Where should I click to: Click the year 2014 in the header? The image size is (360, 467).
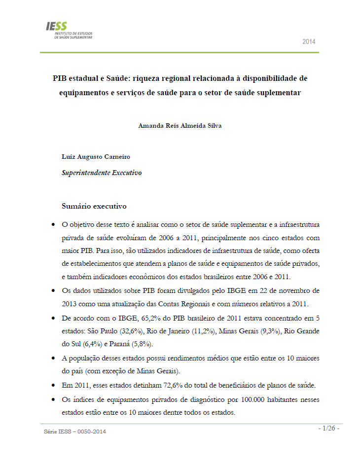[x=309, y=41]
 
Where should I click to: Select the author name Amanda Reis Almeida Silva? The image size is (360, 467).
[x=180, y=126]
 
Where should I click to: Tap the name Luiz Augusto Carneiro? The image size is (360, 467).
[x=96, y=157]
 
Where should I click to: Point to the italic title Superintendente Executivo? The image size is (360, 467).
[x=101, y=173]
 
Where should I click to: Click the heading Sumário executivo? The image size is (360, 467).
[x=94, y=205]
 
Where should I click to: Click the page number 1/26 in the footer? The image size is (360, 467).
[x=328, y=428]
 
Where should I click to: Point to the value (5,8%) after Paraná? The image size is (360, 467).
[x=141, y=343]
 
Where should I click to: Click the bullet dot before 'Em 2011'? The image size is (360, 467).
[x=53, y=385]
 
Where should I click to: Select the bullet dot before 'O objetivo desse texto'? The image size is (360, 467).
[x=53, y=225]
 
